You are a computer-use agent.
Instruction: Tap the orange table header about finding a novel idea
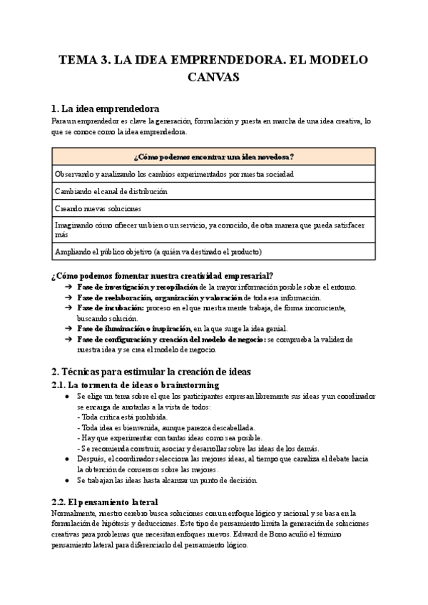pyautogui.click(x=214, y=156)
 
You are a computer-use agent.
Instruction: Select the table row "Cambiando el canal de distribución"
pyautogui.click(x=111, y=191)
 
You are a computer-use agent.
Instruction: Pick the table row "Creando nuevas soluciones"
pyautogui.click(x=98, y=208)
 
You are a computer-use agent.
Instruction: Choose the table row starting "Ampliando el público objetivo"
pyautogui.click(x=158, y=251)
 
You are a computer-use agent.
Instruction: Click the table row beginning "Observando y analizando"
pyautogui.click(x=174, y=173)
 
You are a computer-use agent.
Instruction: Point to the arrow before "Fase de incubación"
pyautogui.click(x=66, y=307)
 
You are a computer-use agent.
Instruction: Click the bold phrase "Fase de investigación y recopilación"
pyautogui.click(x=137, y=287)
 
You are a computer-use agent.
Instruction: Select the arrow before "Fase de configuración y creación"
pyautogui.click(x=66, y=339)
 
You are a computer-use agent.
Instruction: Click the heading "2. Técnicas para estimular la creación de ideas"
pyautogui.click(x=151, y=372)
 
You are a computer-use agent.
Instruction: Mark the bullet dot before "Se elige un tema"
pyautogui.click(x=66, y=396)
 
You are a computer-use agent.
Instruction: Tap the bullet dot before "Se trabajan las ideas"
pyautogui.click(x=66, y=480)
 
